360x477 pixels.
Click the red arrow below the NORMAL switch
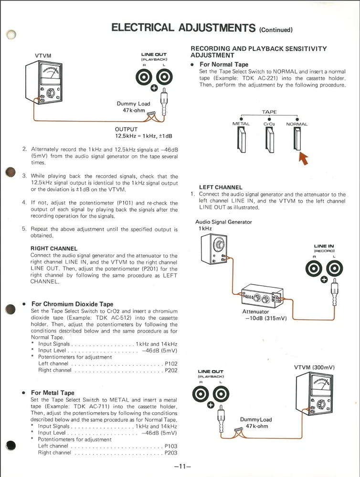tap(302, 158)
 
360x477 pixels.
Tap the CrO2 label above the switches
tap(269, 124)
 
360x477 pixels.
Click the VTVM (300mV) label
tap(314, 367)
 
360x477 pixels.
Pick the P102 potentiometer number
tap(171, 363)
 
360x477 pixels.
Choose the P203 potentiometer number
tap(171, 453)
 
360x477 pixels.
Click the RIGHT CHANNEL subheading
tap(54, 249)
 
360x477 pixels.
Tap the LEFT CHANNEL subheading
tap(221, 187)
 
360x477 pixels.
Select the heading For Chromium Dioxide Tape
tap(73, 304)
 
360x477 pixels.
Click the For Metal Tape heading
tap(53, 393)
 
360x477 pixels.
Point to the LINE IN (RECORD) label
tap(324, 249)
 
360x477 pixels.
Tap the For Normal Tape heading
tap(224, 64)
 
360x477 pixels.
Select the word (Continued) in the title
tap(275, 30)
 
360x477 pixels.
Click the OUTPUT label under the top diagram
tap(126, 129)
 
